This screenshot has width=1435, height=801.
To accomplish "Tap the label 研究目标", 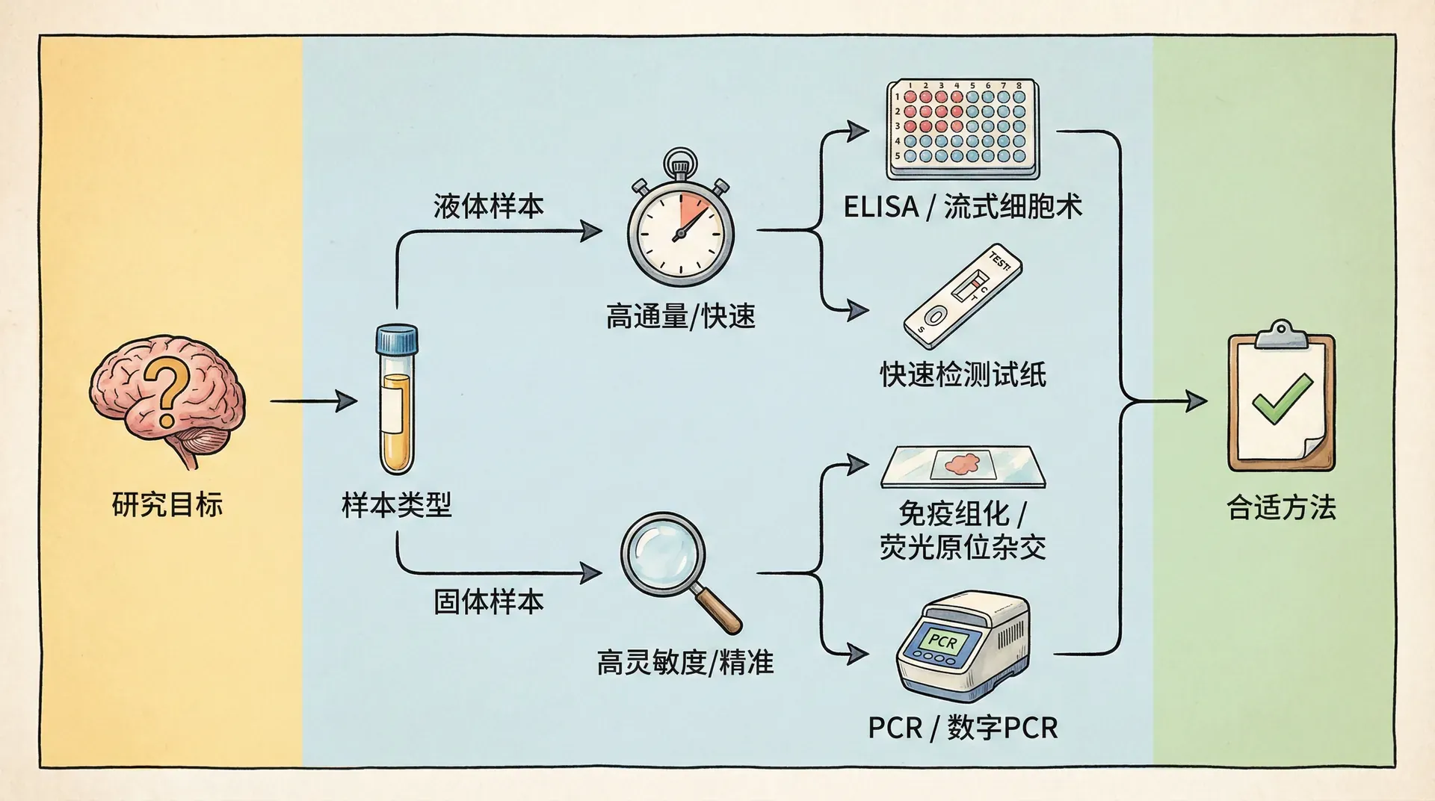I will (x=167, y=505).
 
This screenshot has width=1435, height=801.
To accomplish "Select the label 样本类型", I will (x=396, y=506).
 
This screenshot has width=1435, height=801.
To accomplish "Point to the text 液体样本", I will (x=488, y=207).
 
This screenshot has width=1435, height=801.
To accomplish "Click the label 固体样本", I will (x=488, y=601).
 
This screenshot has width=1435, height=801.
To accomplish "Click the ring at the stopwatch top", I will (x=680, y=161).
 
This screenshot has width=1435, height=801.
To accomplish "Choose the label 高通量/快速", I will (x=680, y=317).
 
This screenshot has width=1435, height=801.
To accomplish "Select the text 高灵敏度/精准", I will (x=685, y=662).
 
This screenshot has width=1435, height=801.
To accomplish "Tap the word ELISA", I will (x=880, y=207).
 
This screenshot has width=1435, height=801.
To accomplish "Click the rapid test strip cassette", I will (x=963, y=295).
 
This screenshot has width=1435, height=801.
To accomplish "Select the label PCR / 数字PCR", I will (x=963, y=728).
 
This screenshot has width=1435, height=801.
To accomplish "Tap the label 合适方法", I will (x=1281, y=508).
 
